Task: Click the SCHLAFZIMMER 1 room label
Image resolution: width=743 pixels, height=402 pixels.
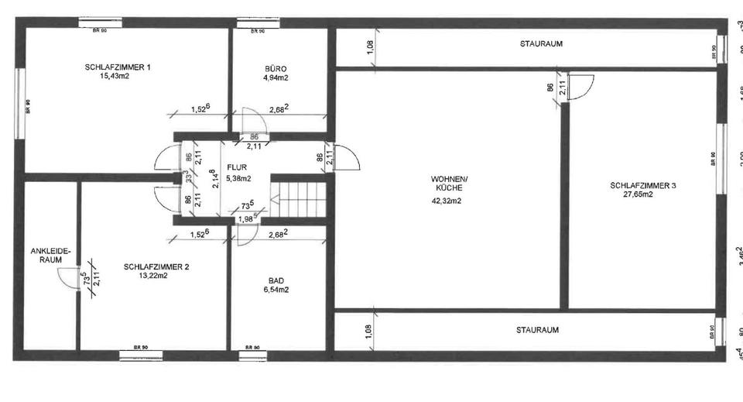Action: (x=117, y=67)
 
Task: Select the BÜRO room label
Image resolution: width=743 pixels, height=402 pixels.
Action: (x=276, y=68)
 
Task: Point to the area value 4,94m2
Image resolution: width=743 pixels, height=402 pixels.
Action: (x=276, y=77)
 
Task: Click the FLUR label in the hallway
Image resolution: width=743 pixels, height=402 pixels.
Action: (x=236, y=167)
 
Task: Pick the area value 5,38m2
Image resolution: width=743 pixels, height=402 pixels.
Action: (x=239, y=178)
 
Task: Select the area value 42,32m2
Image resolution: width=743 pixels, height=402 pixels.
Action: (x=447, y=201)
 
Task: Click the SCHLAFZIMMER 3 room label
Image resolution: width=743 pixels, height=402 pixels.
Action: (x=642, y=185)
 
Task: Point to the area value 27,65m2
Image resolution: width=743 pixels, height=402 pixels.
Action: (x=638, y=194)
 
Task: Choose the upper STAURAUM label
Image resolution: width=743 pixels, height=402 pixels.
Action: (x=541, y=44)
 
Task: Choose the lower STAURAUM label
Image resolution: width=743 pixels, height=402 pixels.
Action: (x=537, y=329)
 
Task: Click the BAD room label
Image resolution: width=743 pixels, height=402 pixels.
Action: (x=276, y=280)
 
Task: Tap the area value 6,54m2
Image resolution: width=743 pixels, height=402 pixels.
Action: (x=276, y=290)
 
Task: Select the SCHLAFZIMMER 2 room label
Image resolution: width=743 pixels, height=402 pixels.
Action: (x=156, y=266)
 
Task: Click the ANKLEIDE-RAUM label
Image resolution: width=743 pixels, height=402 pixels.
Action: (x=50, y=256)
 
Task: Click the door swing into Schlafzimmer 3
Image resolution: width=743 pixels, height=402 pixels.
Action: (x=580, y=87)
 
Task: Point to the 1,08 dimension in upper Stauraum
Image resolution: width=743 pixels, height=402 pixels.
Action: (x=369, y=48)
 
